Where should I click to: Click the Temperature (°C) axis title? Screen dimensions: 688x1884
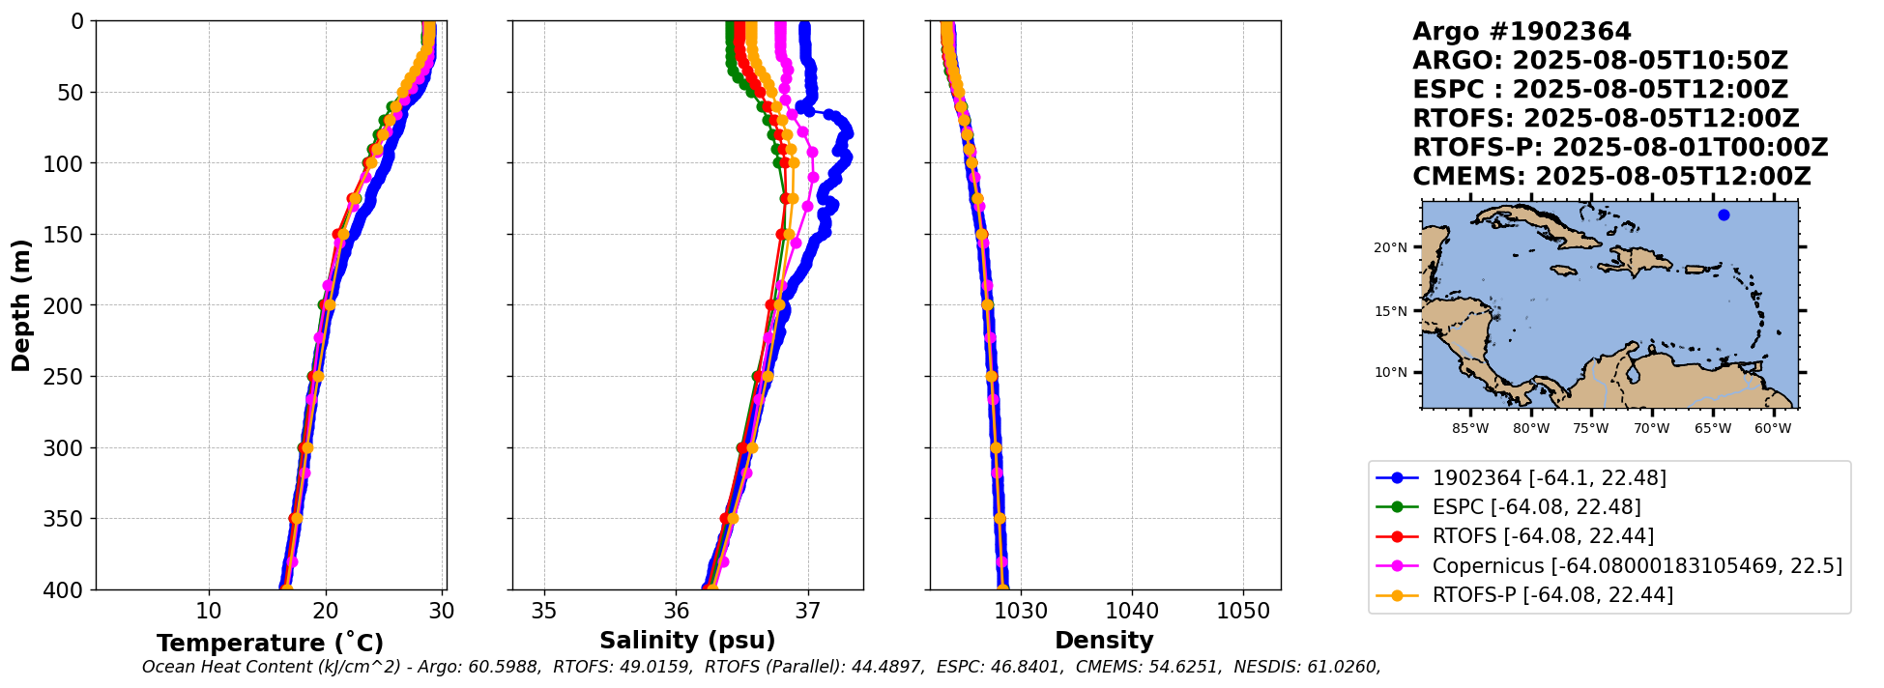270,643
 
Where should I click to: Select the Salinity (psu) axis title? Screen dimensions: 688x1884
687,641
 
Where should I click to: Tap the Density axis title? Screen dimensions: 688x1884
1104,641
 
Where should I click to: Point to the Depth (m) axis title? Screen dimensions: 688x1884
21,305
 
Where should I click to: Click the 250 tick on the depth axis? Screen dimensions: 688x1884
68,377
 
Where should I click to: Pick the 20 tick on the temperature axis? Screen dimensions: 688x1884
326,611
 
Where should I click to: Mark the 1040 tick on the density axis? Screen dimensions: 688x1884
1132,611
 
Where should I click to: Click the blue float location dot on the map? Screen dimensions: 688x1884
1724,215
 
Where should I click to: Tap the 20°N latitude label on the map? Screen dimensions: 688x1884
1390,248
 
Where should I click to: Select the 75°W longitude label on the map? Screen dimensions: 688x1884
1590,428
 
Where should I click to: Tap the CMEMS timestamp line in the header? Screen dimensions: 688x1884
1611,177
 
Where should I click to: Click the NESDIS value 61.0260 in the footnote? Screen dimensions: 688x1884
1345,667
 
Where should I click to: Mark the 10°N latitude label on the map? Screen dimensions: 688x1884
1390,373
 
